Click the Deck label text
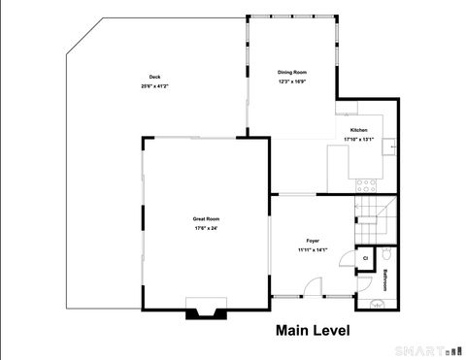pyautogui.click(x=154, y=78)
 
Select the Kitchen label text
pyautogui.click(x=358, y=130)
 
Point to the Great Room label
pyautogui.click(x=205, y=219)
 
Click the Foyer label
pyautogui.click(x=313, y=241)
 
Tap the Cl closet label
pyautogui.click(x=365, y=258)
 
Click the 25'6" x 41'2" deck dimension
pyautogui.click(x=154, y=86)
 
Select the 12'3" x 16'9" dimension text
pyautogui.click(x=291, y=82)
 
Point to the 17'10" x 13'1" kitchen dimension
pyautogui.click(x=358, y=139)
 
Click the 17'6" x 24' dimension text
pyautogui.click(x=205, y=228)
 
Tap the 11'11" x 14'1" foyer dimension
pyautogui.click(x=313, y=249)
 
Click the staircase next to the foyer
pyautogui.click(x=376, y=218)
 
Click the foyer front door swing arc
pyautogui.click(x=312, y=287)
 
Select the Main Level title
pyautogui.click(x=313, y=331)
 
